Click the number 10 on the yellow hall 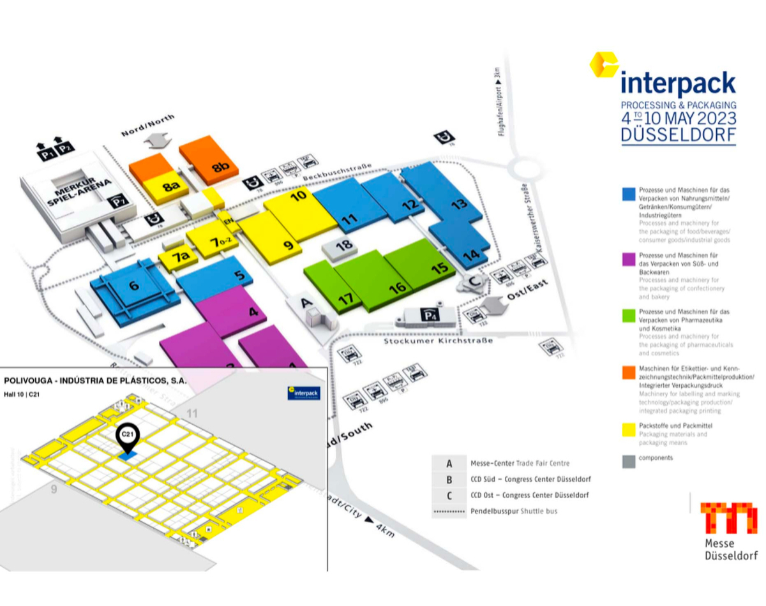click(x=299, y=196)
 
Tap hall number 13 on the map click(x=458, y=205)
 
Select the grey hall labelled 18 click(x=343, y=245)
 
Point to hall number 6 click(x=133, y=286)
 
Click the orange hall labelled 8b click(x=221, y=168)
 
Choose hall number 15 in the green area click(x=439, y=268)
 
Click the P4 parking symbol click(x=427, y=314)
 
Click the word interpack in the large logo click(x=678, y=84)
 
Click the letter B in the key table click(x=449, y=479)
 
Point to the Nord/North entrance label click(x=149, y=124)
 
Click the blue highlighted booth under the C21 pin click(x=129, y=455)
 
